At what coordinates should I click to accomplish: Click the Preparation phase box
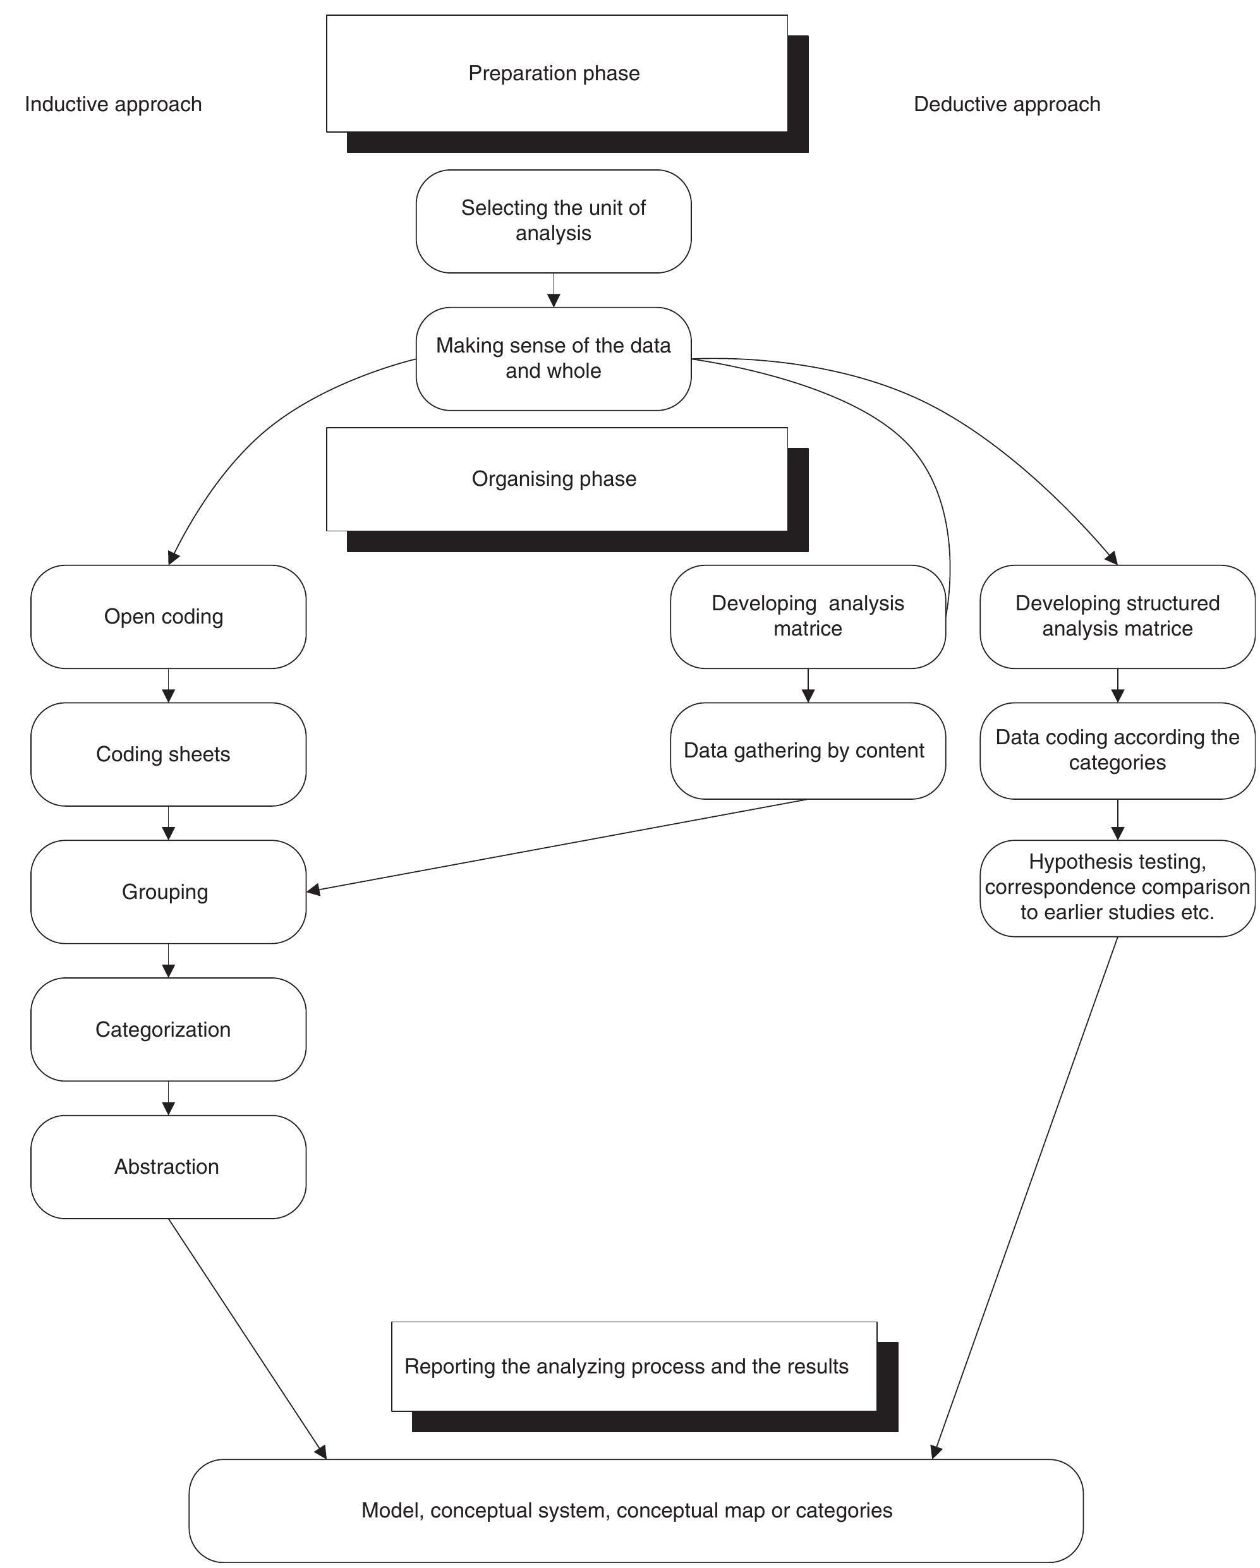tap(557, 73)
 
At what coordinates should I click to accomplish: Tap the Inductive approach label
tap(114, 104)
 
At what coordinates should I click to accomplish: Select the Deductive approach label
tap(1006, 104)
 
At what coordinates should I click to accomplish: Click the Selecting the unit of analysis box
tap(553, 221)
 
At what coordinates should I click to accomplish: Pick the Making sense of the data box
tap(553, 359)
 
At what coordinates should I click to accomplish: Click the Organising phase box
tap(557, 479)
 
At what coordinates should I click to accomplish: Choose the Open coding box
tap(168, 617)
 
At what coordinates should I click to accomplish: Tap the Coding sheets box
tap(168, 754)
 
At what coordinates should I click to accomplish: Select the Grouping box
tap(168, 891)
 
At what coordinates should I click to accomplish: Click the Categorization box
tap(168, 1029)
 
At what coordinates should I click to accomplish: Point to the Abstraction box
tap(168, 1167)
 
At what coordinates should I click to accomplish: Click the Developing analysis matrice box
tap(808, 617)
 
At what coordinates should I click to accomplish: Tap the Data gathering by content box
tap(808, 751)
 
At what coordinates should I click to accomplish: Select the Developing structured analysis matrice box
tap(1117, 617)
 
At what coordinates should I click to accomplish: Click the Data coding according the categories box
tap(1117, 751)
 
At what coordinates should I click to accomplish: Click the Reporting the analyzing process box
tap(633, 1366)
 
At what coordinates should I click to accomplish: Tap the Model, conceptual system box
tap(635, 1511)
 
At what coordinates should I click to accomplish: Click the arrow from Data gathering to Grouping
tap(557, 845)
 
